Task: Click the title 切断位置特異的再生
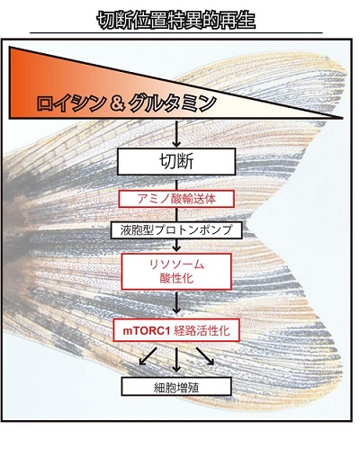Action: (x=176, y=21)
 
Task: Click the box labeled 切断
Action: (x=176, y=162)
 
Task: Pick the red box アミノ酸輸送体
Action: (x=176, y=199)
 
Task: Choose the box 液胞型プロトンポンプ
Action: (x=176, y=230)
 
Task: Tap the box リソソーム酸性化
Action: (x=176, y=272)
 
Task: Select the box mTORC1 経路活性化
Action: (x=176, y=330)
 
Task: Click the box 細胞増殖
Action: (x=176, y=387)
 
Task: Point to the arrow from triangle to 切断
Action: (x=176, y=134)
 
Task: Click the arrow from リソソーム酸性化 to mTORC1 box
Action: (x=176, y=303)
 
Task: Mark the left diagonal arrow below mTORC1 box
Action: (x=148, y=356)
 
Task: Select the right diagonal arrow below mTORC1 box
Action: (x=205, y=356)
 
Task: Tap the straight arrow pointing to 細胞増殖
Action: (x=176, y=360)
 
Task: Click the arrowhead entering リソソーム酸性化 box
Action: (x=176, y=247)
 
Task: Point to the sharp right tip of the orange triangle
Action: (x=343, y=118)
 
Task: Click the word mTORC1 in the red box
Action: (x=147, y=331)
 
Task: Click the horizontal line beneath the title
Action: (x=176, y=32)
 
